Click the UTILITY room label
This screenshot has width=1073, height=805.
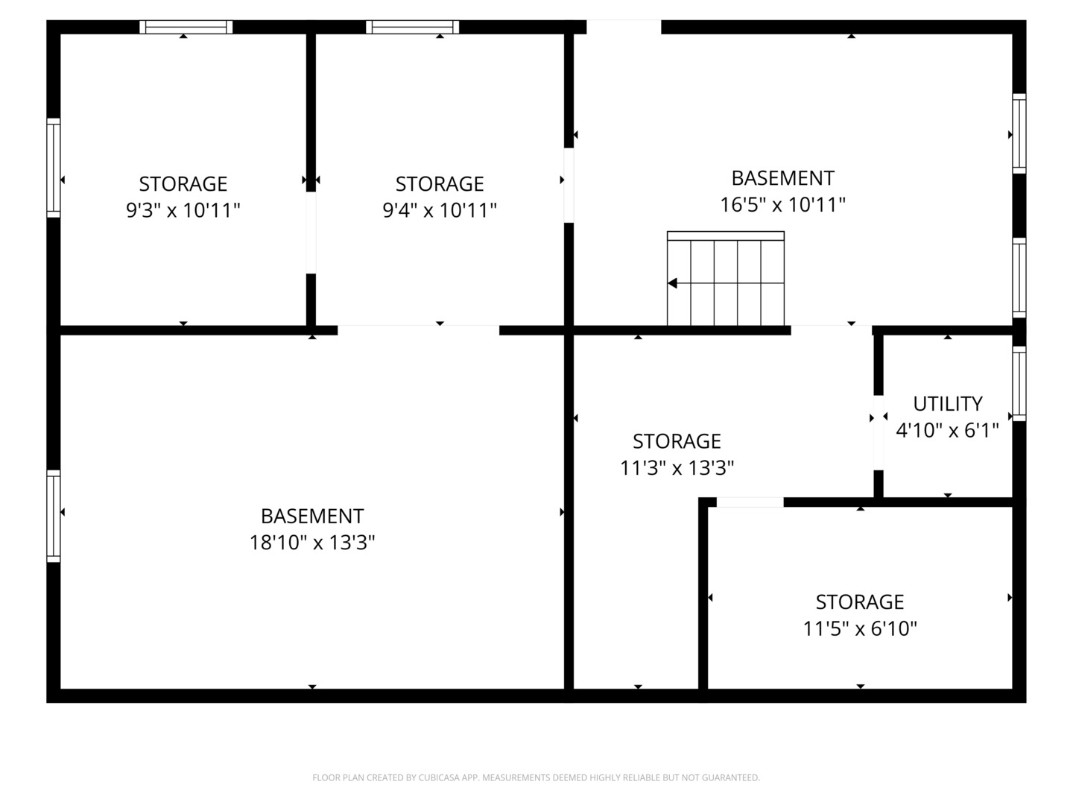(x=947, y=404)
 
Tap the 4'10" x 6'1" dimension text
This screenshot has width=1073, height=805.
(x=947, y=430)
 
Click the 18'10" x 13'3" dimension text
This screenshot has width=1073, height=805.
(x=312, y=542)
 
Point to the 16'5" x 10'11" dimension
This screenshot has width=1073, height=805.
(x=782, y=204)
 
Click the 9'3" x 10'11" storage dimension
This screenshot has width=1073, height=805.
(x=183, y=210)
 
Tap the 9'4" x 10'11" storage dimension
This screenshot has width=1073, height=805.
(x=440, y=210)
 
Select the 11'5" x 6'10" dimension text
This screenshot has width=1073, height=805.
(x=860, y=628)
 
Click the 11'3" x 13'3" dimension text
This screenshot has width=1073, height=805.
(x=677, y=468)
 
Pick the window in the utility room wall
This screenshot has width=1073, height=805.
(x=1019, y=384)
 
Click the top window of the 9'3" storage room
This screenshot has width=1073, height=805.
(x=186, y=27)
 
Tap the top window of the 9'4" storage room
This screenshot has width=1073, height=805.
(x=413, y=27)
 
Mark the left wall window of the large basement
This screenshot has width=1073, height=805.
(x=54, y=516)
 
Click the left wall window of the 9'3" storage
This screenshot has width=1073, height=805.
(x=54, y=168)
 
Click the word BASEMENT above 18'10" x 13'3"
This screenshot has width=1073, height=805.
(x=312, y=516)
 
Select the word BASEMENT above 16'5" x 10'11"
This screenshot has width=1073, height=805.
(x=782, y=178)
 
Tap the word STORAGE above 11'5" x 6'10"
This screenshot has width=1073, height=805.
(x=860, y=602)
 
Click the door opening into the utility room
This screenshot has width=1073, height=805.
(x=879, y=432)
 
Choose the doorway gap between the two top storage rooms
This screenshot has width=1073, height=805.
(x=311, y=233)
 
